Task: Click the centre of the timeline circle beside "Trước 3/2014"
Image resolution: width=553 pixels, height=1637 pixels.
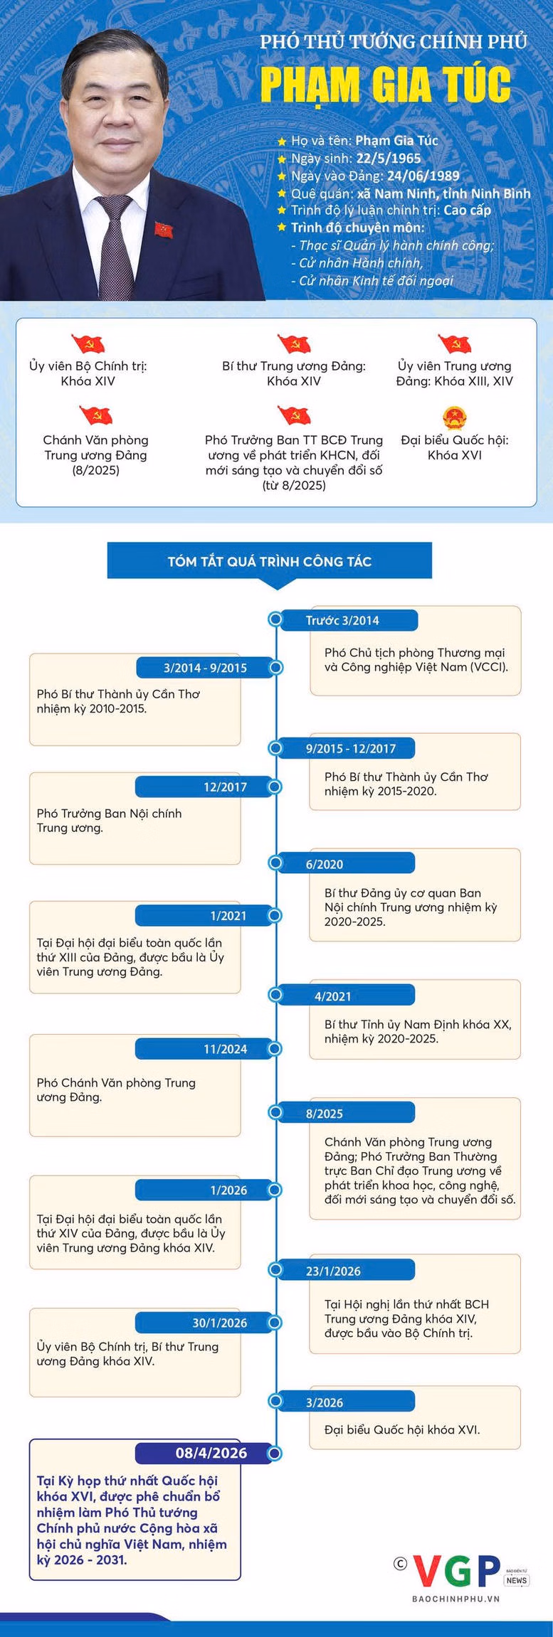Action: [275, 619]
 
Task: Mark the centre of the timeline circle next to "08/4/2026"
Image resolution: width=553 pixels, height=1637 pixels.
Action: [275, 1453]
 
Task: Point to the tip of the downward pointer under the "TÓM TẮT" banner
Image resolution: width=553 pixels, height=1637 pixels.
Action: [275, 590]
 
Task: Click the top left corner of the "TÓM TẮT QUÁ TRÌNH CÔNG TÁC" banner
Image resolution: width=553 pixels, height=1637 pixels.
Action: [107, 543]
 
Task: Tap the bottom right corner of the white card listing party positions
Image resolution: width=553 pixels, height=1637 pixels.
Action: [537, 507]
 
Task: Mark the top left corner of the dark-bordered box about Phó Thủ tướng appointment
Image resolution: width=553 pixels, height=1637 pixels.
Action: [29, 1439]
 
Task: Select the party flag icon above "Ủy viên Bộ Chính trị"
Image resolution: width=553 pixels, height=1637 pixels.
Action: [88, 343]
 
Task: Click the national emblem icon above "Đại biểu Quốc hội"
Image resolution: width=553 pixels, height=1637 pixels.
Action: [454, 417]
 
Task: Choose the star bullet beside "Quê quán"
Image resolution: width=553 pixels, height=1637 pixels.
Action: [282, 193]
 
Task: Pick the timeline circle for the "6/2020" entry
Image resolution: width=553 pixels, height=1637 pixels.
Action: [275, 863]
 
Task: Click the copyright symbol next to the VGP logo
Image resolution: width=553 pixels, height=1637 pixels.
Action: [401, 1562]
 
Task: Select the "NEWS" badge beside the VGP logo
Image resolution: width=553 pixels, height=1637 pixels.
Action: [517, 1580]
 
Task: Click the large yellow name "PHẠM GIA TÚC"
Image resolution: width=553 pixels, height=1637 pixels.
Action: [386, 85]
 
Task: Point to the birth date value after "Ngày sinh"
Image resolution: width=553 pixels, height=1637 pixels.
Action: [389, 159]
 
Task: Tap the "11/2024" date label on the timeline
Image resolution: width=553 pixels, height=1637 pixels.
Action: [225, 1049]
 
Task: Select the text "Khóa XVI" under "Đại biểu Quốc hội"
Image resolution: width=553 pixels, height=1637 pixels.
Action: [455, 455]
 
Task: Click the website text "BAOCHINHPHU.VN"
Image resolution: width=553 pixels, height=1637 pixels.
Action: [455, 1599]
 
